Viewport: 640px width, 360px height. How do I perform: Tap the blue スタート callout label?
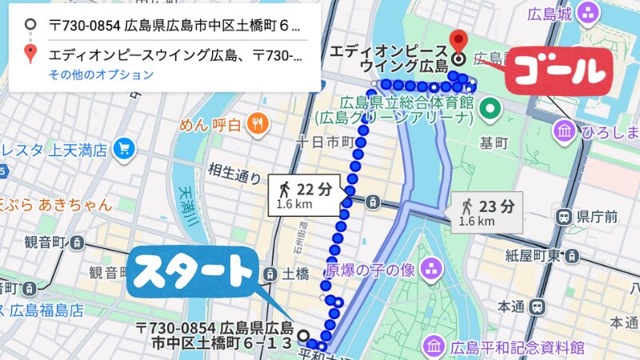[x=191, y=273]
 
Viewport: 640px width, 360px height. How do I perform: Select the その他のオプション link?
[x=100, y=75]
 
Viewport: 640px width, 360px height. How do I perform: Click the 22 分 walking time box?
[x=308, y=194]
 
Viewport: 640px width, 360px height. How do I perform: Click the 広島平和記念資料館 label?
[x=517, y=347]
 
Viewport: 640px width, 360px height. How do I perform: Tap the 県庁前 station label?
[x=596, y=215]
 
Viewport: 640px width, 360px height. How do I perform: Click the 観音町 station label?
[x=44, y=242]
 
